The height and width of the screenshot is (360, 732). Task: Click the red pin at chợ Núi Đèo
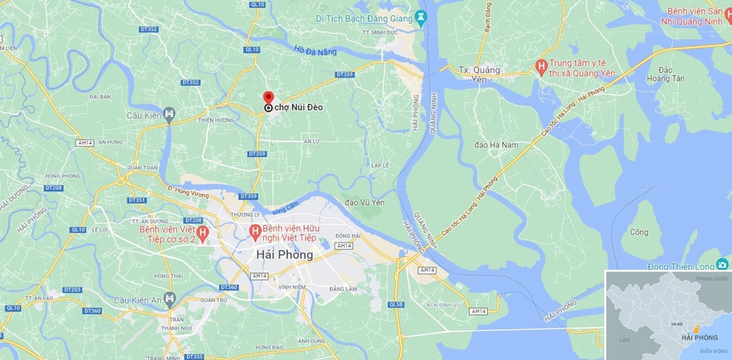coord(268,97)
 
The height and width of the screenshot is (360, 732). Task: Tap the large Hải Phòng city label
coord(284,254)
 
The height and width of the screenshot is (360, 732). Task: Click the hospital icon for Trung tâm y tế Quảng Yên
coord(540,66)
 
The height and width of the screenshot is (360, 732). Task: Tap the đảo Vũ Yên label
coord(365,202)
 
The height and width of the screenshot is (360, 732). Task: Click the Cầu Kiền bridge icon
coord(169,114)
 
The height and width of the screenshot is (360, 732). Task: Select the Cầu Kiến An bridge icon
coord(169,299)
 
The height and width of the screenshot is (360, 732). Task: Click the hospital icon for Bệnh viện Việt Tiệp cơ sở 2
coord(203,232)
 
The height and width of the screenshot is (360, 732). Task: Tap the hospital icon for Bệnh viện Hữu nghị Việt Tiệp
coord(254,231)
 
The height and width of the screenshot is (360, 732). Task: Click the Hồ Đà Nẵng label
coord(315,52)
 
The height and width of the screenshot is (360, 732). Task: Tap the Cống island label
coord(638,231)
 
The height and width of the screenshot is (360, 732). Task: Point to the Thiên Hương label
coord(216,120)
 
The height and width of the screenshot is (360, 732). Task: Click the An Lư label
coord(311,141)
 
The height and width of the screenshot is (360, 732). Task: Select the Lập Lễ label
coord(380,164)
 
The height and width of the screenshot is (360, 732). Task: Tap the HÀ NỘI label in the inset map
coord(677,323)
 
